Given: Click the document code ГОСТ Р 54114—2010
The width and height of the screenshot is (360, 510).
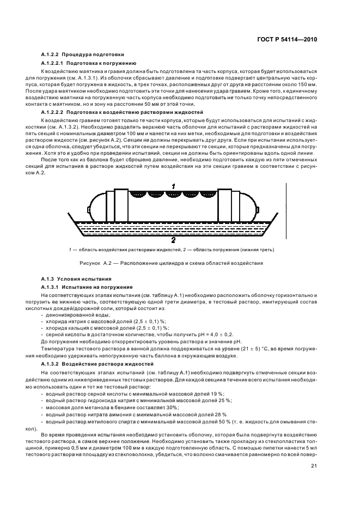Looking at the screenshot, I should click(287, 39).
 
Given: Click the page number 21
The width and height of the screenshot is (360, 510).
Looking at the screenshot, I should click(314, 465).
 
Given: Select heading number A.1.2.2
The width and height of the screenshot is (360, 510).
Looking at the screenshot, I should click(51, 54).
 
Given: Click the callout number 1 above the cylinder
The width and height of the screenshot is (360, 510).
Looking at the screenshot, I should click(173, 186).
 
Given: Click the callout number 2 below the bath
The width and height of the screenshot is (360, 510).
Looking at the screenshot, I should click(173, 239).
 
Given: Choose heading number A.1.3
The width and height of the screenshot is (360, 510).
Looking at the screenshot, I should click(48, 278).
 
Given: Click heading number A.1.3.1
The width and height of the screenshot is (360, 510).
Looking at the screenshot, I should click(51, 287).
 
